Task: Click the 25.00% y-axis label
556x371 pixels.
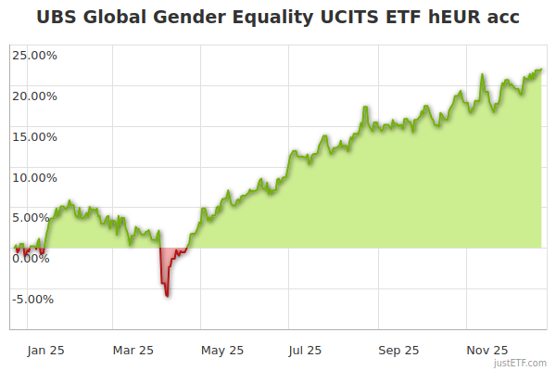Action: click(34, 55)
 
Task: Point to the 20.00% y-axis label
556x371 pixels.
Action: click(34, 96)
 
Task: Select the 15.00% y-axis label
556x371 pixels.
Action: click(34, 136)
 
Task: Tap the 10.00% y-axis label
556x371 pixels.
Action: click(34, 177)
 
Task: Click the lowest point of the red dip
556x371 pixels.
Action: click(167, 295)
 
